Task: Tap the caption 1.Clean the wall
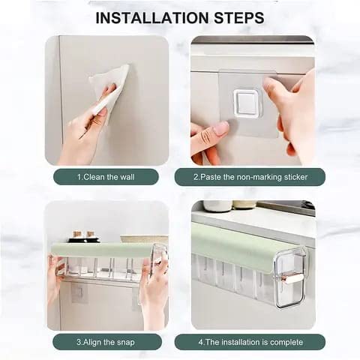coord(106,177)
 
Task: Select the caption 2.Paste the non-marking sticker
coord(250,177)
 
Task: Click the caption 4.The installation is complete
coord(250,342)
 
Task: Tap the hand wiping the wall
coord(86,127)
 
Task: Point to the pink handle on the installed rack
coord(294,278)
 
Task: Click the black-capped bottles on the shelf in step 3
coord(83,236)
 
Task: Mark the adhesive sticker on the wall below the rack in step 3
coord(79,293)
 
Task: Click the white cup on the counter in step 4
coord(217,205)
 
